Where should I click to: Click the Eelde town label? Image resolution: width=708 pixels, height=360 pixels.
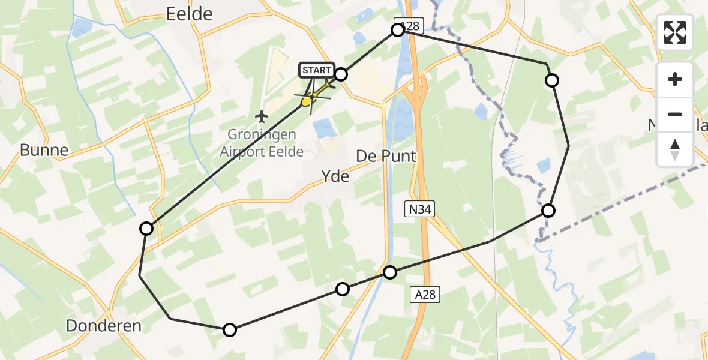click(189, 13)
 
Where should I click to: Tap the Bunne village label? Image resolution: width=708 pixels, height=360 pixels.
click(44, 150)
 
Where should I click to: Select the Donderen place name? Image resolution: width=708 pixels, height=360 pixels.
click(104, 326)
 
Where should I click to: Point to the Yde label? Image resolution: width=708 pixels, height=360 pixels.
click(335, 176)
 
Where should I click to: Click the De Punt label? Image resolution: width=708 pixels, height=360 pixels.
click(386, 156)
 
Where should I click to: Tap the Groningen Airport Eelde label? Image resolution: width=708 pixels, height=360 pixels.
click(262, 143)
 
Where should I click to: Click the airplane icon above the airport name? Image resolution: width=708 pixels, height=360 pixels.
click(261, 115)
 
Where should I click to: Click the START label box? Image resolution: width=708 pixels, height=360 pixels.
click(316, 70)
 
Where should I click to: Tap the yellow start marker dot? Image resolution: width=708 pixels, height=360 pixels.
click(306, 102)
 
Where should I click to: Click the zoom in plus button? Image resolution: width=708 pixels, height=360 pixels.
click(675, 79)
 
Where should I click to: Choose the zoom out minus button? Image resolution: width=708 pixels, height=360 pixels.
click(675, 114)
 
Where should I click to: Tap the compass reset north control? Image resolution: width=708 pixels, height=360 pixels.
click(675, 149)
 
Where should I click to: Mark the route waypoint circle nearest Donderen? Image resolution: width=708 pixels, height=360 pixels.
click(230, 329)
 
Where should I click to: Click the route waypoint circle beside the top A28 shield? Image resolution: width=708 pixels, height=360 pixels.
click(398, 30)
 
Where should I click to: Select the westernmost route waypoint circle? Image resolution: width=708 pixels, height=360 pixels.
click(146, 228)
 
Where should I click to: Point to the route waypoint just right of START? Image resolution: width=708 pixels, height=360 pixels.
click(341, 74)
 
